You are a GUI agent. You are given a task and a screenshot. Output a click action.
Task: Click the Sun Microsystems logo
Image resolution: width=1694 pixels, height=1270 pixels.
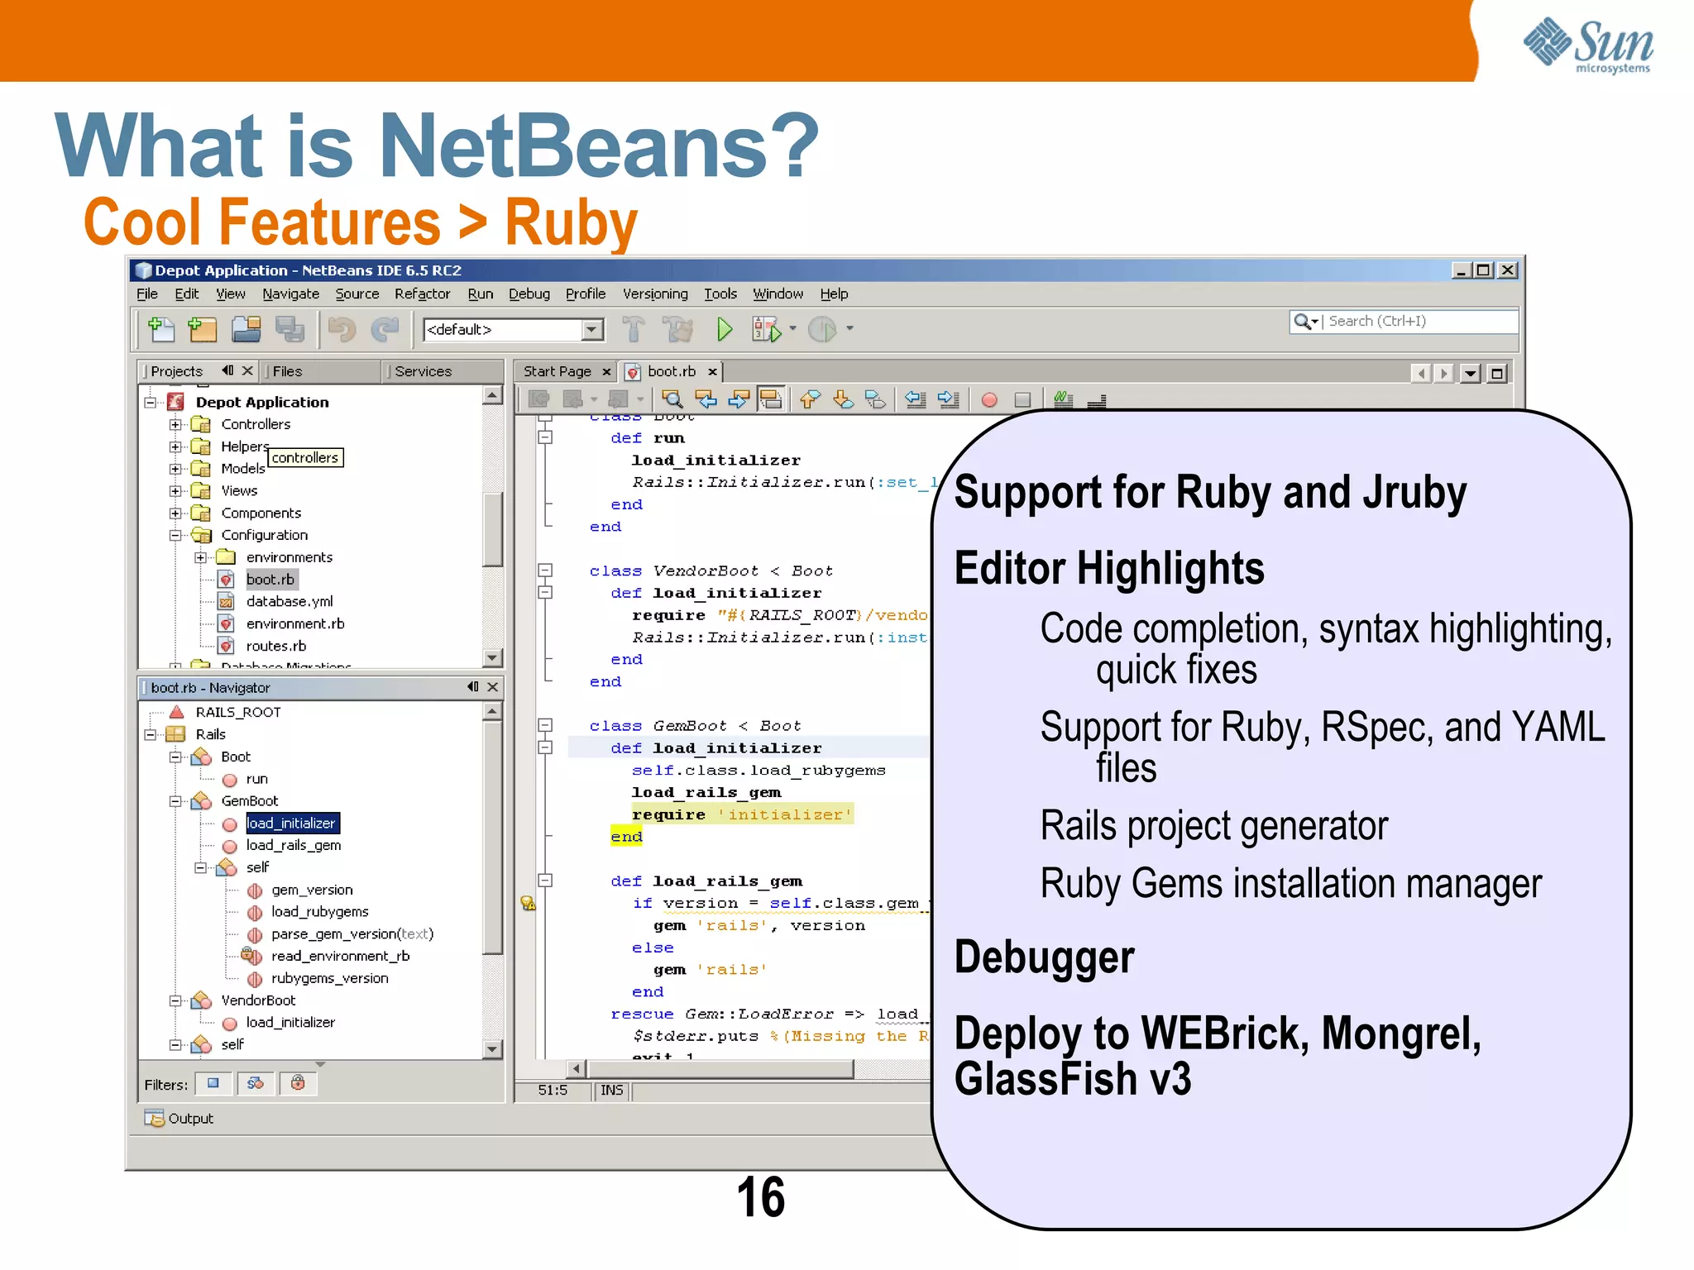click(1587, 45)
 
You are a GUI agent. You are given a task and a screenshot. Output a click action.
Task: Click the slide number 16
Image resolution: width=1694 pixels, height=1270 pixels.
click(760, 1196)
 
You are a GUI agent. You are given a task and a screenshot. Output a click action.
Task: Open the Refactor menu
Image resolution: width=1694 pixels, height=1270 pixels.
click(422, 294)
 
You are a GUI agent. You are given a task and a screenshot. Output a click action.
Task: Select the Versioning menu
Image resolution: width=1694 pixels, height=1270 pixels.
click(654, 294)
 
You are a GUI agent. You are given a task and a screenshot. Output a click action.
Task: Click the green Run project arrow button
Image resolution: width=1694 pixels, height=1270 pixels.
click(725, 330)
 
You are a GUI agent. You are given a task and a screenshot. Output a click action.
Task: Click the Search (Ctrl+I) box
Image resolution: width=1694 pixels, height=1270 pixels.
click(1418, 321)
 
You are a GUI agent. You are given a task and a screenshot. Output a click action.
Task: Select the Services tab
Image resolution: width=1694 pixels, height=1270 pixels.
click(423, 371)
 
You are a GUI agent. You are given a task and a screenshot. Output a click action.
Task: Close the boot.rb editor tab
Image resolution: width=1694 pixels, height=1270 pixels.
click(712, 372)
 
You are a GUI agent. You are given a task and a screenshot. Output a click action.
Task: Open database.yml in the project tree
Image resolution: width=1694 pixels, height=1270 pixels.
click(289, 601)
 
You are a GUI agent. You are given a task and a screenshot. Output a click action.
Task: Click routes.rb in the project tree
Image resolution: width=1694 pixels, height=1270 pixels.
click(275, 646)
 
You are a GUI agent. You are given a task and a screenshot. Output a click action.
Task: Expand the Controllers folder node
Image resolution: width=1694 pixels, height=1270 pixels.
click(175, 424)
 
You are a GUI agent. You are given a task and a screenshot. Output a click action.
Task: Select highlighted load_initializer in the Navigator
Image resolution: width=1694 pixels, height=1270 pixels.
click(291, 823)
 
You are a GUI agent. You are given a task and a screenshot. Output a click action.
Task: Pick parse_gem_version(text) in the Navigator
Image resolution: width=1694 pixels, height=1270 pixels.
click(352, 933)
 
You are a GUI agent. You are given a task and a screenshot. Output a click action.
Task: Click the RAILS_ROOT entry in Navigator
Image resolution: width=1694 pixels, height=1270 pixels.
click(237, 712)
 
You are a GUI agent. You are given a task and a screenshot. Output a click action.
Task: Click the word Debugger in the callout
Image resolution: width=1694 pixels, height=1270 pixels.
click(1044, 957)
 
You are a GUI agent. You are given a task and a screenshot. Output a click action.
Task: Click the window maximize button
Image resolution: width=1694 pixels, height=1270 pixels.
click(1483, 270)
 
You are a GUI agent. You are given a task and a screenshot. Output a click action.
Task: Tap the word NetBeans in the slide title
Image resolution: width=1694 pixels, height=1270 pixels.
click(574, 146)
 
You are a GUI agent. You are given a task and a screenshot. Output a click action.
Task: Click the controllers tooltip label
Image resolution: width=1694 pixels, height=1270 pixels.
click(305, 457)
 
